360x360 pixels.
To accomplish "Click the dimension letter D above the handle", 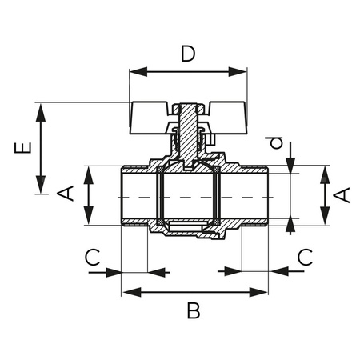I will tap(188, 54).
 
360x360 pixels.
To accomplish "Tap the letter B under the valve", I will tap(193, 310).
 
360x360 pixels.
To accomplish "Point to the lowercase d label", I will tap(276, 142).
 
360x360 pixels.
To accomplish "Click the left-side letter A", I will tap(70, 194).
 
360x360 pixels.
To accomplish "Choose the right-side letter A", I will tap(343, 194).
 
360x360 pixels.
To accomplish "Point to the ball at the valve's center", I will tap(187, 196).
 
